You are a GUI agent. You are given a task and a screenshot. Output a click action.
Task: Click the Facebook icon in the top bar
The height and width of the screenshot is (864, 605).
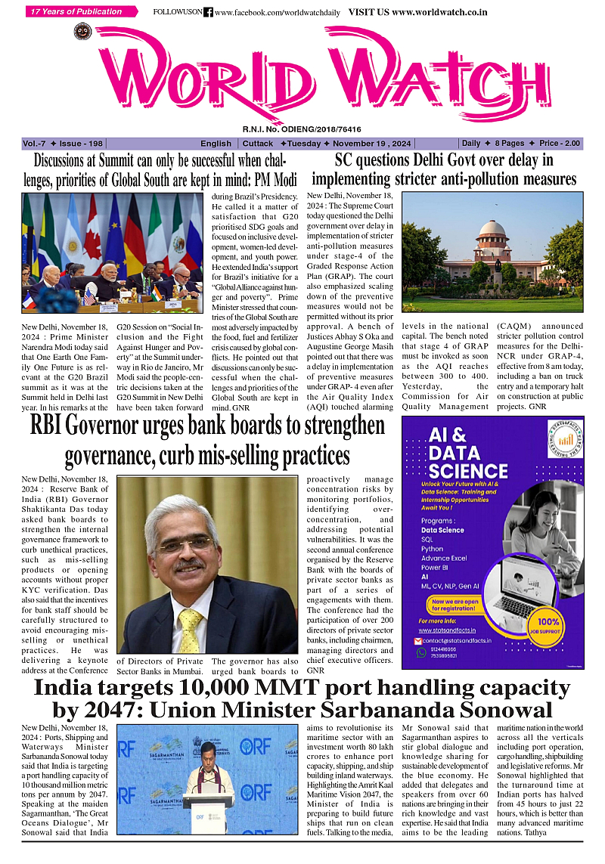(x=208, y=13)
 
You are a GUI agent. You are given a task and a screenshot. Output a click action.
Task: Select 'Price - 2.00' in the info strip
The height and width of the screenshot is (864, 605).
(x=560, y=144)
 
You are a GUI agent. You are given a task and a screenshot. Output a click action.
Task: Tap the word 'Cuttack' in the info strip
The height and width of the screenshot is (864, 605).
(x=258, y=144)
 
